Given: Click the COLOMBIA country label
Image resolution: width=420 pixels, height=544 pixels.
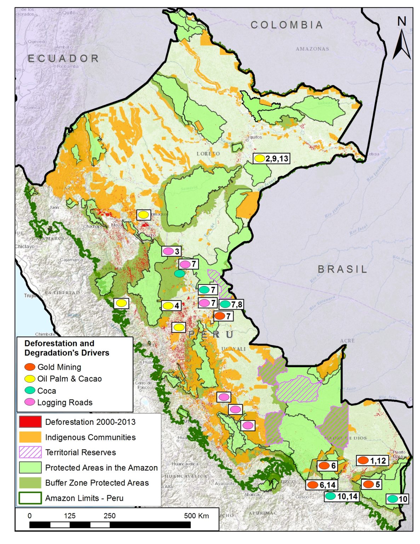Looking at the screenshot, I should tap(287, 25).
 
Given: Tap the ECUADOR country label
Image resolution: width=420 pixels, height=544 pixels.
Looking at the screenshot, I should tap(63, 58).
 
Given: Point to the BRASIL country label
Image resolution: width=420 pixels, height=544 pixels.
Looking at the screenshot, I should tap(342, 269).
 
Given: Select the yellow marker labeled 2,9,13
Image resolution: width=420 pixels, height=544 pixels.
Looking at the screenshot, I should tap(260, 158).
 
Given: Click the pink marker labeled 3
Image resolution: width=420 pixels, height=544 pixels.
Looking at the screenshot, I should tap(168, 251).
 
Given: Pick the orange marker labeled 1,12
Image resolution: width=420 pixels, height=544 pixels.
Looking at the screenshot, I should tap(363, 460).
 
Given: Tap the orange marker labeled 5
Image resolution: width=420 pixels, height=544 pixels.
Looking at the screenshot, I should tap(368, 484).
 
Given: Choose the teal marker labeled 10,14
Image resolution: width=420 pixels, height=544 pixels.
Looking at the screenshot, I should tap(330, 496).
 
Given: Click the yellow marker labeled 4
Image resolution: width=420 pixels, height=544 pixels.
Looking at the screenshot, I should tap(168, 306).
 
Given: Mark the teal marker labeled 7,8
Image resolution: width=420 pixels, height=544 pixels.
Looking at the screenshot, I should tap(225, 304).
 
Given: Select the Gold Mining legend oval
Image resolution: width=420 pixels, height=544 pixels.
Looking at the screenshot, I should tap(30, 367).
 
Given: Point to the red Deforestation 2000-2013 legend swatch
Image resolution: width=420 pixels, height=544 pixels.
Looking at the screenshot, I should tap(30, 422).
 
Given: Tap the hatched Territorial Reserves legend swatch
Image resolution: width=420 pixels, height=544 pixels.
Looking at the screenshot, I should tap(30, 452).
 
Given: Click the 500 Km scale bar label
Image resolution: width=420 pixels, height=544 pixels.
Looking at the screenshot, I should tap(196, 516).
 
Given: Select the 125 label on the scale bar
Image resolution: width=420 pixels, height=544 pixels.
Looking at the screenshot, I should tap(69, 516).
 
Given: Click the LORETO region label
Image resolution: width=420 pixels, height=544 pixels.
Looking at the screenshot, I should tap(208, 154).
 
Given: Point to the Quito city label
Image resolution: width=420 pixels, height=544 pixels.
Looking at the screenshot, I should tap(69, 12).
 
